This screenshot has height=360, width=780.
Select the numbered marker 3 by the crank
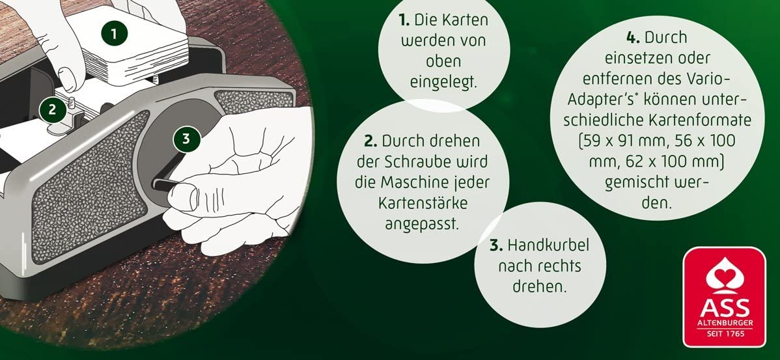click(x=186, y=139)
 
